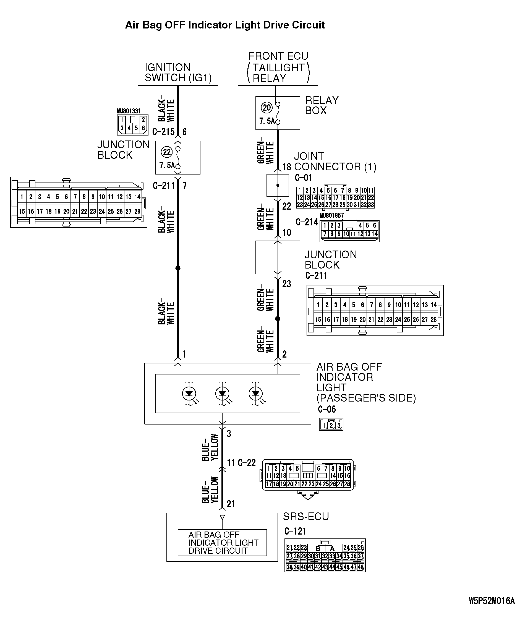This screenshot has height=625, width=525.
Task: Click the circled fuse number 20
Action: coord(267,108)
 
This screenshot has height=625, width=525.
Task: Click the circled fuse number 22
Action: coord(167,152)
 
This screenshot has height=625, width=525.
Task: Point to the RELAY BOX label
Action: coord(322,105)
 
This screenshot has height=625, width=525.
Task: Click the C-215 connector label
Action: coord(163,132)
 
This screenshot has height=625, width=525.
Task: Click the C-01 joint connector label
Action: coord(303,178)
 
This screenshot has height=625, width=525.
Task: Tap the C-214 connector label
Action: coord(307,222)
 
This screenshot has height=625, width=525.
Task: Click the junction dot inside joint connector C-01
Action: coord(278,185)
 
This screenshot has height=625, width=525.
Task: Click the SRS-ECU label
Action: coord(306,516)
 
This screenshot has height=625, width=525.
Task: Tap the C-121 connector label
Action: coord(295,531)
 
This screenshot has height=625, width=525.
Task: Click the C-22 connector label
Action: coord(246,463)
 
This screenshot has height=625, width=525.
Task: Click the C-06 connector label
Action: coord(327,409)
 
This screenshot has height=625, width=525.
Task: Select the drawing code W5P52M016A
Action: coord(491,601)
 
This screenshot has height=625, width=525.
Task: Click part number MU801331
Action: coord(128,111)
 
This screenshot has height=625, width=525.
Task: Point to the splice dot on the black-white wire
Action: coord(178,268)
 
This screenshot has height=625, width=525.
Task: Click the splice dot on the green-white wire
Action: coord(278,319)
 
